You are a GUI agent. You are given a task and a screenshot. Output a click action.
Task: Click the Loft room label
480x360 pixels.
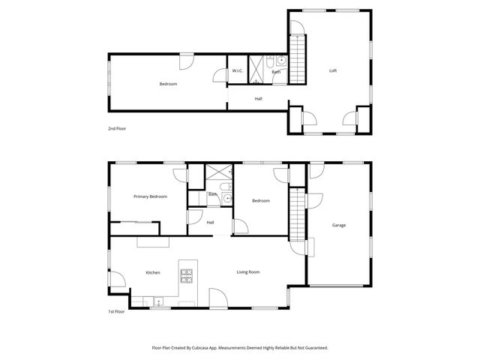(x=333, y=71)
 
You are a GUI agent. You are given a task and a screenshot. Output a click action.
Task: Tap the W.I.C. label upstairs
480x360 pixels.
(x=238, y=71)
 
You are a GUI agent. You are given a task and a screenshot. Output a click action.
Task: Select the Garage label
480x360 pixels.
(x=339, y=225)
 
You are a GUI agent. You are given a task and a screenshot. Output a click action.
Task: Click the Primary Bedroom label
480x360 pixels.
(x=150, y=196)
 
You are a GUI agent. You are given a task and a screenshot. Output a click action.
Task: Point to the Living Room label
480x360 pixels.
(x=248, y=271)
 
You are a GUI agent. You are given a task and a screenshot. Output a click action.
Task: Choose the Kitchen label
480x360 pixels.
(x=153, y=272)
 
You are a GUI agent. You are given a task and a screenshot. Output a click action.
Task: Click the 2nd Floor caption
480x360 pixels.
(x=117, y=129)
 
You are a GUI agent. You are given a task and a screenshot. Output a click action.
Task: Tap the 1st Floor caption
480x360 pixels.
(x=115, y=310)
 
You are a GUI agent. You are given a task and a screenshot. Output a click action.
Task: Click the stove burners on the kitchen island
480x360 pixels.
(x=186, y=274)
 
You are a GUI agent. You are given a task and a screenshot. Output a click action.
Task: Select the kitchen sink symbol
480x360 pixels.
(x=159, y=301)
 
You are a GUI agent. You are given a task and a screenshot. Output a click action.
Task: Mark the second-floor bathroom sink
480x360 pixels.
(x=280, y=63)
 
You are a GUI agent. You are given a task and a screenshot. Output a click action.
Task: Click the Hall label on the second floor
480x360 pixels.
(x=258, y=99)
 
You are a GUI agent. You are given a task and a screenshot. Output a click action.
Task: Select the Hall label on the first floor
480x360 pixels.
(x=211, y=222)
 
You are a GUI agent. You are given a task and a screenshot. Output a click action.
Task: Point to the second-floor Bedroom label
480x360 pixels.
(x=168, y=84)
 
